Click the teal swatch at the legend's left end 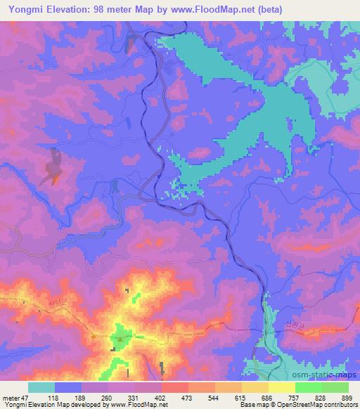(41, 387)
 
